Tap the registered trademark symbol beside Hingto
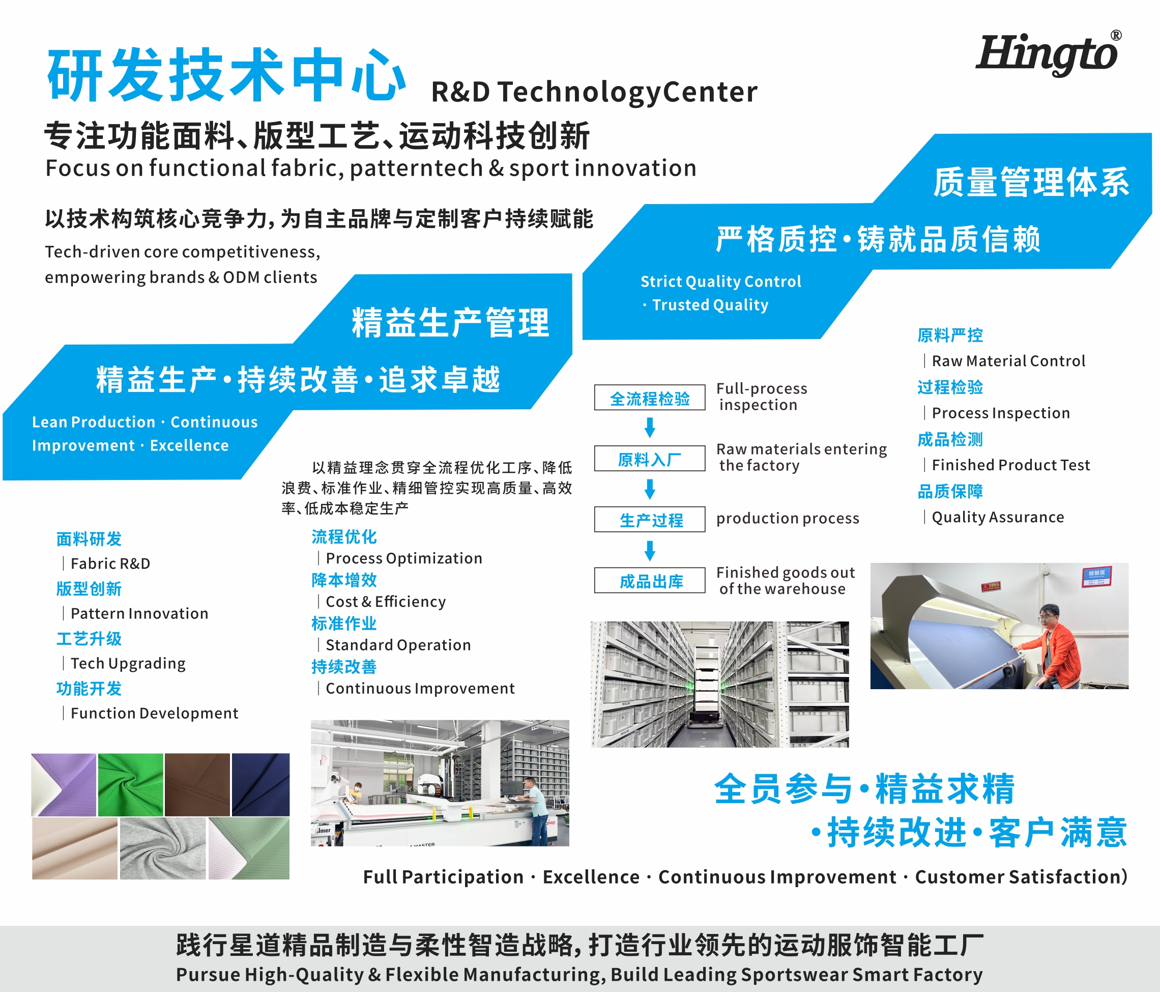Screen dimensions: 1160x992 click(x=1116, y=35)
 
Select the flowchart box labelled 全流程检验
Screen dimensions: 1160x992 click(x=649, y=398)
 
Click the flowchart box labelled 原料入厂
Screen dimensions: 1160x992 click(x=649, y=459)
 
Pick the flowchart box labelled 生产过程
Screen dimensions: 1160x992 click(x=649, y=519)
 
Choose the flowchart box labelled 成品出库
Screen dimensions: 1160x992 click(x=649, y=580)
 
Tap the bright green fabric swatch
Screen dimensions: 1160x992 click(x=130, y=784)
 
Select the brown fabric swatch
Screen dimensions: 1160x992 click(x=197, y=784)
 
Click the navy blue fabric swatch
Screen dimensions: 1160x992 click(x=261, y=784)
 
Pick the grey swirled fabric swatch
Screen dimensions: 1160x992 click(x=163, y=848)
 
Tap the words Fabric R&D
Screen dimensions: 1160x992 click(x=110, y=563)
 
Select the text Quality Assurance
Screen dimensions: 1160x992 click(x=998, y=517)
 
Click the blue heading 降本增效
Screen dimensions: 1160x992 click(x=344, y=580)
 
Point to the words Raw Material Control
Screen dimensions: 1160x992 click(x=1008, y=361)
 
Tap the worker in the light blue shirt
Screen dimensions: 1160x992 click(x=534, y=809)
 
